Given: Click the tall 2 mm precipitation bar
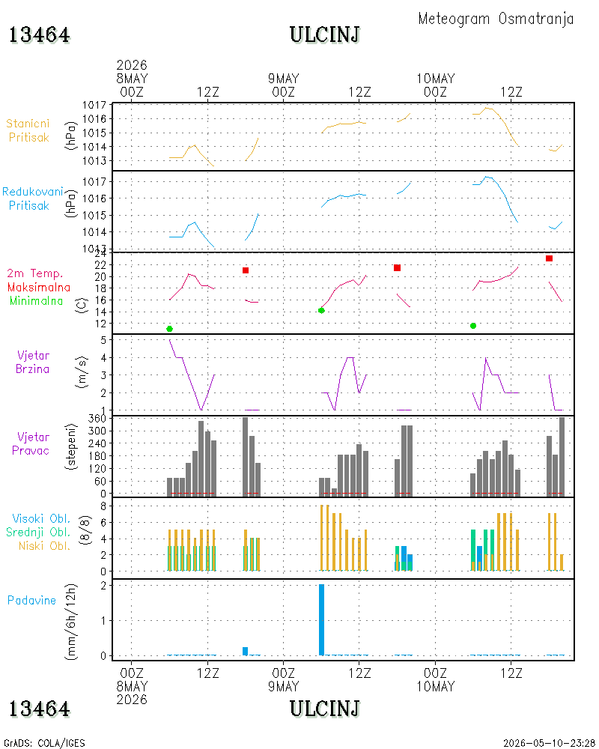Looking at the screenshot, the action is tap(321, 619).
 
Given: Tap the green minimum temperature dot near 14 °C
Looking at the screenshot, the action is tap(321, 311).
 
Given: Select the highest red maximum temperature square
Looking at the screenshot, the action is tap(550, 258).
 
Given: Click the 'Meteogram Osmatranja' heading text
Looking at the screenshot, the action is tap(496, 19).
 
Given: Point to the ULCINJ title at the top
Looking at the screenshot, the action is tap(324, 35).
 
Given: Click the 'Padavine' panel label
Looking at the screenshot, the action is tap(31, 601).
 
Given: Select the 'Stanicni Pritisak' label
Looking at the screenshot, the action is tap(28, 130).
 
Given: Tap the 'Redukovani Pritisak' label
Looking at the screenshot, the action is tap(32, 198).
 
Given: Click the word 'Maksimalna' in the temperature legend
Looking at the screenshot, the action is tap(39, 288).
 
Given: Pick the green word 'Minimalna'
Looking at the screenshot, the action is tap(36, 301).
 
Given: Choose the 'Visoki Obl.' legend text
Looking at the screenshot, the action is tap(41, 519).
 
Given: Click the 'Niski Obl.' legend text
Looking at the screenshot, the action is tap(44, 546).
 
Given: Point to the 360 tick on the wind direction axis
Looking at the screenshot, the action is tap(97, 419).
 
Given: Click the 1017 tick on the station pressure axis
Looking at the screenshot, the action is tap(94, 105).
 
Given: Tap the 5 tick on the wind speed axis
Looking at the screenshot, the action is tap(103, 340).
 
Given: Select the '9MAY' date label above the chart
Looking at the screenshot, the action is tap(283, 79).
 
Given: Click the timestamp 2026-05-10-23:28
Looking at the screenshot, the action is tap(549, 743).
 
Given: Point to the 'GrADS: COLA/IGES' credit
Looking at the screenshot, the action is tap(44, 743).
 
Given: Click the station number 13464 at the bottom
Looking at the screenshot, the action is tap(39, 709).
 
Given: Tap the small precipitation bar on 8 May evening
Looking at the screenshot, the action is tap(246, 651).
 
